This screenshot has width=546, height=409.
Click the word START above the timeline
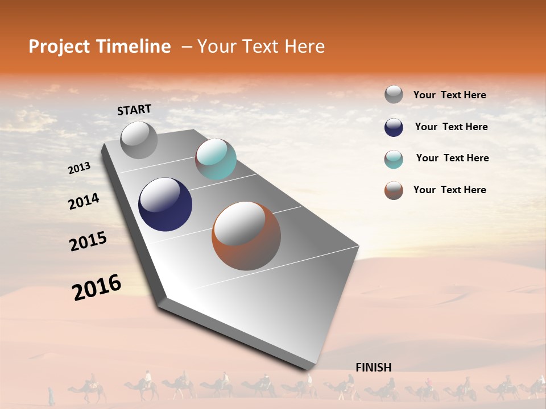coord(134,110)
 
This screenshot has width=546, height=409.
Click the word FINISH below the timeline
coord(373,368)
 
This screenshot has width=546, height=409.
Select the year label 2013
coord(79,168)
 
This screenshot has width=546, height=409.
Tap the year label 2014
coord(84,202)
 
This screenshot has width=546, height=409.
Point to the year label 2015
coord(88,241)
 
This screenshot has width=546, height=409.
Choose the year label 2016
coord(97,287)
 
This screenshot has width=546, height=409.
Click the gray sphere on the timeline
coord(139,140)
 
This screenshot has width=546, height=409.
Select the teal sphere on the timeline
coord(216,159)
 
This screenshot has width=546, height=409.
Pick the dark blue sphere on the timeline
coord(165,204)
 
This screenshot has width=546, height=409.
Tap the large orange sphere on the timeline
coord(246,236)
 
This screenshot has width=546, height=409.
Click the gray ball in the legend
coord(394,94)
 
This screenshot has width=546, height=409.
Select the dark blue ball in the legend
coord(394,127)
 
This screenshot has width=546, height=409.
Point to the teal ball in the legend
coord(394,159)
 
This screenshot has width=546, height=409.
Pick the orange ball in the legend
coord(394,190)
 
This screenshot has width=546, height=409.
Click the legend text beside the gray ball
coord(449,95)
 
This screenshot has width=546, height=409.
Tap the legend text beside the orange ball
coord(449,190)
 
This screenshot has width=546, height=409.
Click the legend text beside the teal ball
coord(452,158)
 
